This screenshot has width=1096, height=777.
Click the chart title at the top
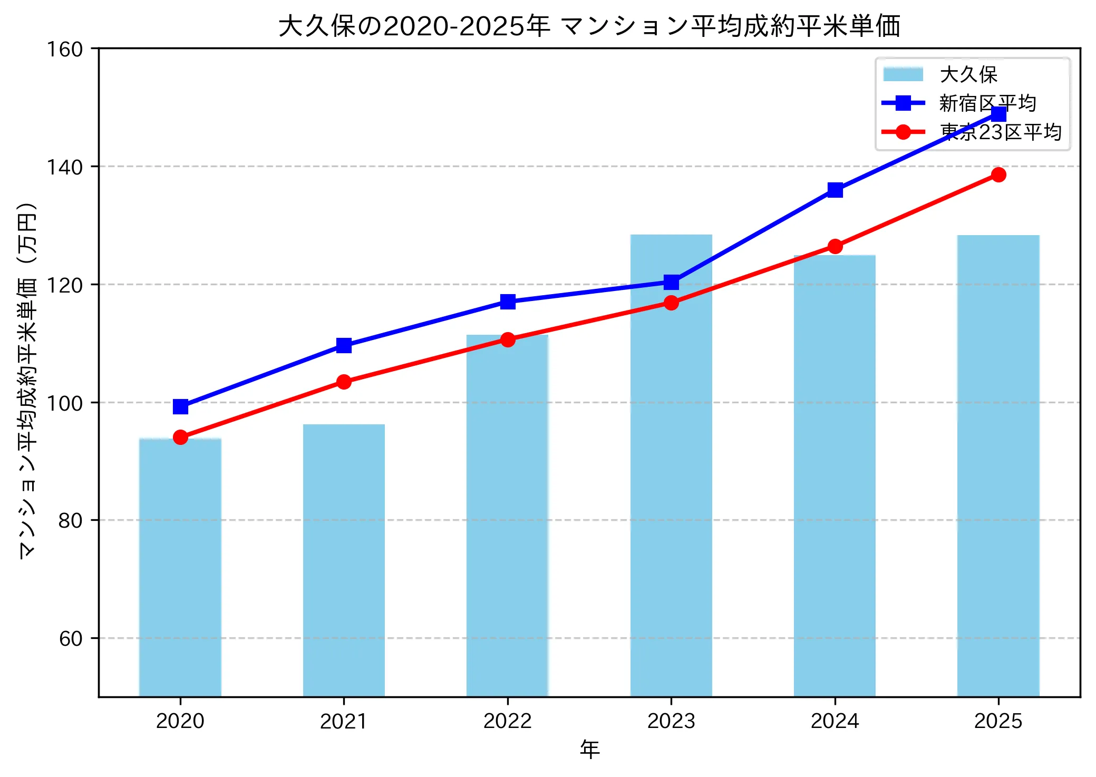(589, 26)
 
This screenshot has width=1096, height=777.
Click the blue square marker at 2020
(180, 406)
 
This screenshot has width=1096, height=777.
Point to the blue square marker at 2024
(835, 190)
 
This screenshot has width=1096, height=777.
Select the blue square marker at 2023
(671, 282)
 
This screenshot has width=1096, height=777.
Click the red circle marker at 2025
(998, 174)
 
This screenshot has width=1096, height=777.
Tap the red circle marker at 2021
(344, 382)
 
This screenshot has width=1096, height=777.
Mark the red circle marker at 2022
(507, 339)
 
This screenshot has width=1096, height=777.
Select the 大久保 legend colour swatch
(903, 74)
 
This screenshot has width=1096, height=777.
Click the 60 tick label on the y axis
(71, 638)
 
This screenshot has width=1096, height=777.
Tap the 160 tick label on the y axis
(65, 50)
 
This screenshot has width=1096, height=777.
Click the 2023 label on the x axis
(671, 721)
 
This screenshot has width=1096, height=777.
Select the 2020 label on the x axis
(180, 721)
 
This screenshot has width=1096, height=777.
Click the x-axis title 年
(589, 749)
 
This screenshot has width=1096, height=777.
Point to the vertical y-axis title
(27, 380)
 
